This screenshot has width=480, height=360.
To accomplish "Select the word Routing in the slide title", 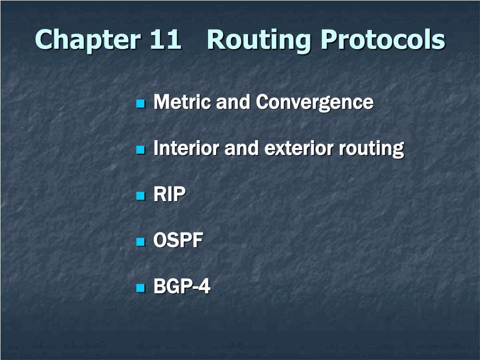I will tap(259, 40).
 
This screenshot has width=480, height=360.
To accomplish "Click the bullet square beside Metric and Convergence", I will tap(140, 103).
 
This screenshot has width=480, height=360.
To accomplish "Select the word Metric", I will tap(182, 102).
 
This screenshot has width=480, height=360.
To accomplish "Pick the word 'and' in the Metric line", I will tap(233, 102).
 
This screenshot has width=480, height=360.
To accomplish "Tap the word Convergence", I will tap(315, 103).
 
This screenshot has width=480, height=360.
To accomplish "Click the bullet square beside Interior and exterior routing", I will tap(140, 150).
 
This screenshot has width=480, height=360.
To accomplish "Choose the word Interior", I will tap(186, 149).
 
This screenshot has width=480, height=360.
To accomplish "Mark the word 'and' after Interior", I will tap(242, 149).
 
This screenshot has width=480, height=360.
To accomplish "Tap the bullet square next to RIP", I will tap(140, 195).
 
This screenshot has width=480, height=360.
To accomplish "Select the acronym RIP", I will tap(170, 195).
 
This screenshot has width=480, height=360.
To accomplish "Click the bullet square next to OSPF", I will tap(140, 242).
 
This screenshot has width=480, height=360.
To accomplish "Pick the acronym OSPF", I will tap(179, 241).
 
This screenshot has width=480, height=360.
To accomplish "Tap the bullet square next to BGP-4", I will tap(140, 288).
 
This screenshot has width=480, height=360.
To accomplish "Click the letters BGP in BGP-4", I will tap(171, 287).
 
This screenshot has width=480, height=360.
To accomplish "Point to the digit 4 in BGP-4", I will tap(204, 287).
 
